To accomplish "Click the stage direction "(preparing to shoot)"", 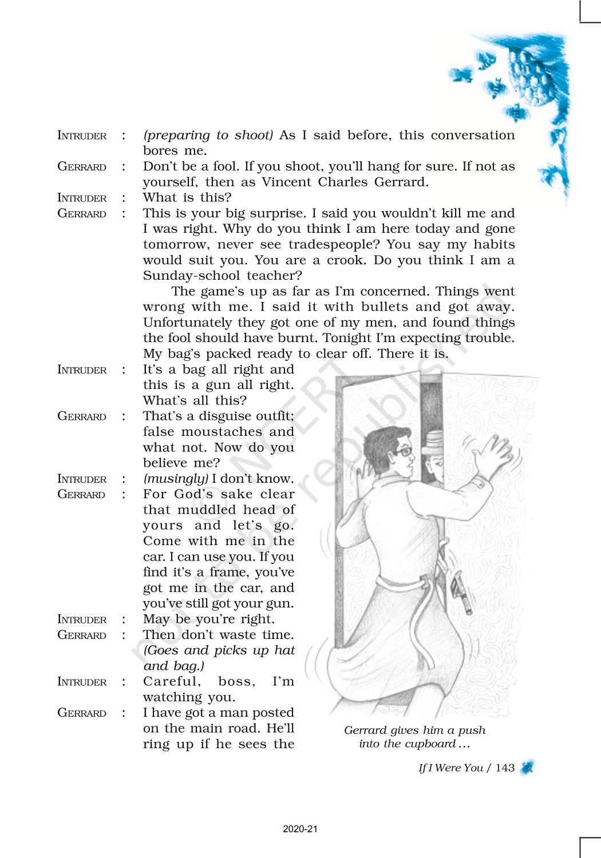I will (x=208, y=136).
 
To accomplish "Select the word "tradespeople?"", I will (x=334, y=245).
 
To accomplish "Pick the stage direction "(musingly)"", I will (x=175, y=479).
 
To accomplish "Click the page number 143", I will (x=505, y=768).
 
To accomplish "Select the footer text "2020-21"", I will (x=300, y=829).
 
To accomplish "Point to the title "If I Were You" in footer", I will (x=450, y=768).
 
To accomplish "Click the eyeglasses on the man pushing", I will (x=403, y=452).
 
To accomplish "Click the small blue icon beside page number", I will (x=527, y=767).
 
